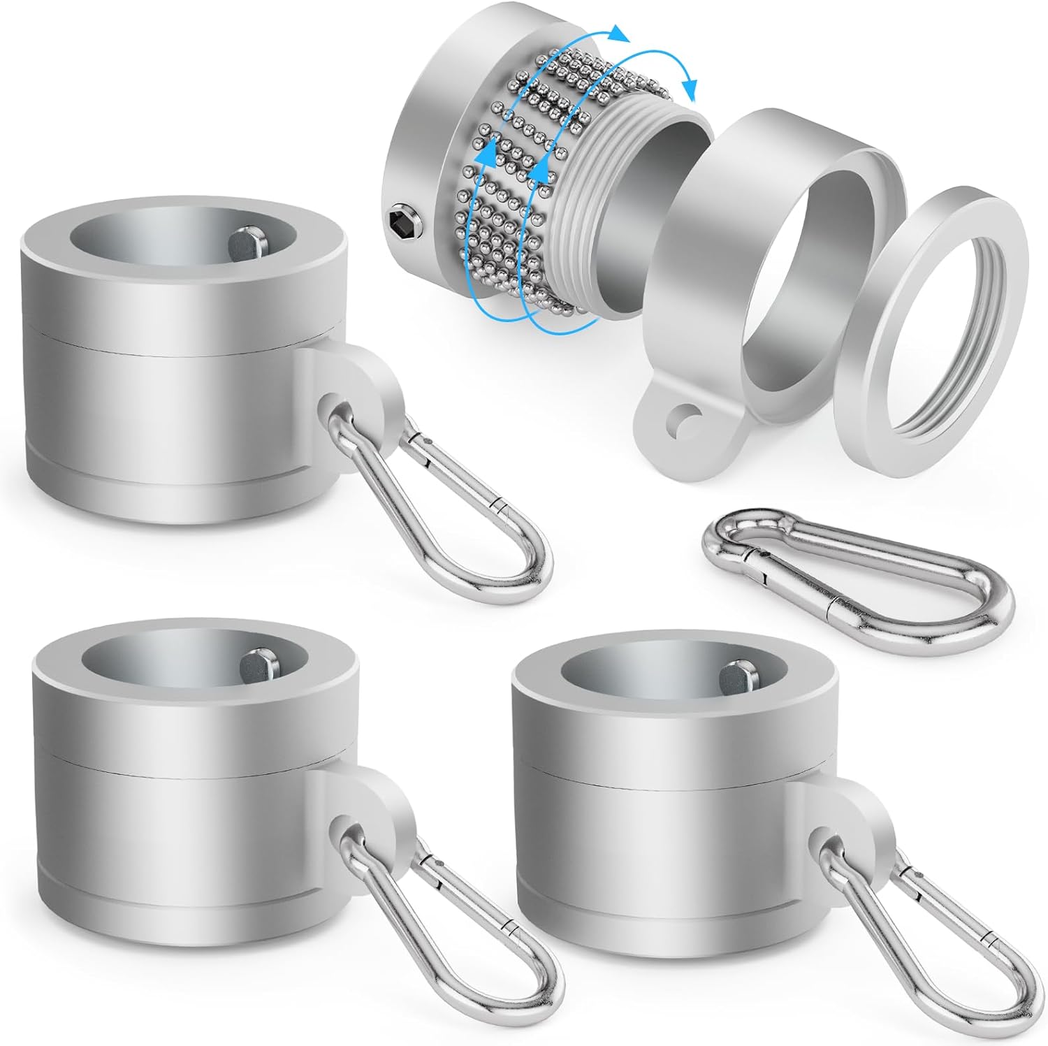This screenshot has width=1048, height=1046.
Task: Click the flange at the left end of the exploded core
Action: click(x=419, y=161)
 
